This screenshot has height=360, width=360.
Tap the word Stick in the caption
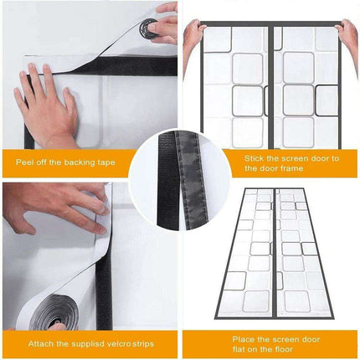point(255,157)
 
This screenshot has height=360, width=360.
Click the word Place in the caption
point(246,339)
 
